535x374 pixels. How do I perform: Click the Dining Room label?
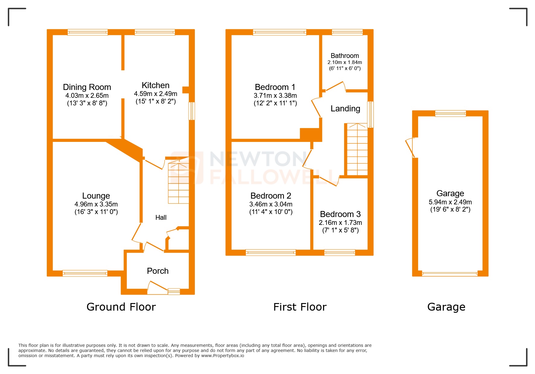click(x=87, y=87)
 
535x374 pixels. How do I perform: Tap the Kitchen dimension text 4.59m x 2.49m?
click(x=156, y=94)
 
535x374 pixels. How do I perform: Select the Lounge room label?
click(x=96, y=196)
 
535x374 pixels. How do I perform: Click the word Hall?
click(x=161, y=217)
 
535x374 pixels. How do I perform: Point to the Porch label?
click(x=158, y=271)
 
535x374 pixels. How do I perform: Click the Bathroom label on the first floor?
click(x=345, y=56)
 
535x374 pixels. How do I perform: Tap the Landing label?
click(x=345, y=109)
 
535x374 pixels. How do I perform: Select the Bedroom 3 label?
click(x=340, y=214)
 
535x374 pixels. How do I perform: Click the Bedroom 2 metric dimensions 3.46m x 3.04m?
click(x=271, y=204)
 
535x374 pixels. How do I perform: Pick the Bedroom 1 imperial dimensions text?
click(x=275, y=103)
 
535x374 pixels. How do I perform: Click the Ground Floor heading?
click(x=121, y=307)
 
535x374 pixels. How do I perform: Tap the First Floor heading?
click(x=300, y=307)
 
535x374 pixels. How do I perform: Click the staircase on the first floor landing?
click(x=357, y=149)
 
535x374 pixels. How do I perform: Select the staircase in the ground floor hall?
click(x=179, y=183)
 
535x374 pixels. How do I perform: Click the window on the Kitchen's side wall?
click(x=192, y=111)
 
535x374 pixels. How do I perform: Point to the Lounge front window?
click(x=85, y=273)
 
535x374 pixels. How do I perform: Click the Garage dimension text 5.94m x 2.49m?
click(x=450, y=202)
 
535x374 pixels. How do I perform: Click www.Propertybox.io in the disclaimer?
click(x=222, y=356)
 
